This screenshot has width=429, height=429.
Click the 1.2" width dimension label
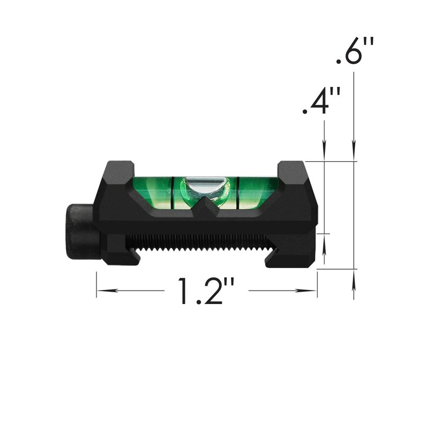tap(206, 291)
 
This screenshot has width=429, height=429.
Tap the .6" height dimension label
tap(355, 51)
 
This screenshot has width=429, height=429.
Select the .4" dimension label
tap(321, 101)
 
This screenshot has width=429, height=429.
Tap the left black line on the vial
tap(173, 193)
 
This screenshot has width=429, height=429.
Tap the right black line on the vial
tap(238, 193)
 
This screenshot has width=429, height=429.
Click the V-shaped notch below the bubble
tap(204, 208)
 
